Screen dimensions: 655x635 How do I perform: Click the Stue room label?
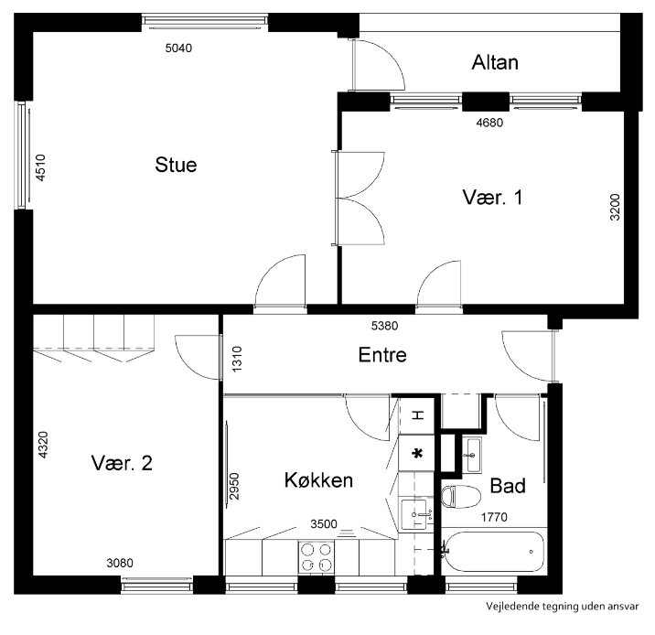coord(176,165)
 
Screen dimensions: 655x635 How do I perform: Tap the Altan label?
coord(495,62)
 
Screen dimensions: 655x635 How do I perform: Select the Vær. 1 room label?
coord(492,198)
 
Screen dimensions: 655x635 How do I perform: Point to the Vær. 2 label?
coord(122,463)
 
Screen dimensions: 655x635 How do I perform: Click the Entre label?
coord(382,355)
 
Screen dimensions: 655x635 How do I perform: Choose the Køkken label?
coord(318,480)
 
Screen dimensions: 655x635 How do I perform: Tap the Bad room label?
coord(508,486)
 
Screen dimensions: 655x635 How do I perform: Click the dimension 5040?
coord(178,48)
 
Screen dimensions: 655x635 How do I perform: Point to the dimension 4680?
coord(489,123)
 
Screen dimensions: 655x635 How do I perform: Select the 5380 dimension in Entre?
coord(385,326)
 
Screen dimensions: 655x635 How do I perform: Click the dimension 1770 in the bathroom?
coord(494,517)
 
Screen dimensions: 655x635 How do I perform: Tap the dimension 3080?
coord(120,563)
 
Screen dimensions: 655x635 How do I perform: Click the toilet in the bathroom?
coord(461,497)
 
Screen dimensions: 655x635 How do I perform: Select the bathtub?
coord(494,552)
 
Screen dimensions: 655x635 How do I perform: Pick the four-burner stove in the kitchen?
coord(317,557)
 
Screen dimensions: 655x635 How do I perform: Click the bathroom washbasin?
coord(472,455)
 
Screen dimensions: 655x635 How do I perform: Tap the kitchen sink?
coord(414,514)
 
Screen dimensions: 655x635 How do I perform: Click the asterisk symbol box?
coord(416,453)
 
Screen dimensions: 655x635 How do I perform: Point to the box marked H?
coord(417,415)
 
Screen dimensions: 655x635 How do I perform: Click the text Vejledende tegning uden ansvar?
coord(562,606)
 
